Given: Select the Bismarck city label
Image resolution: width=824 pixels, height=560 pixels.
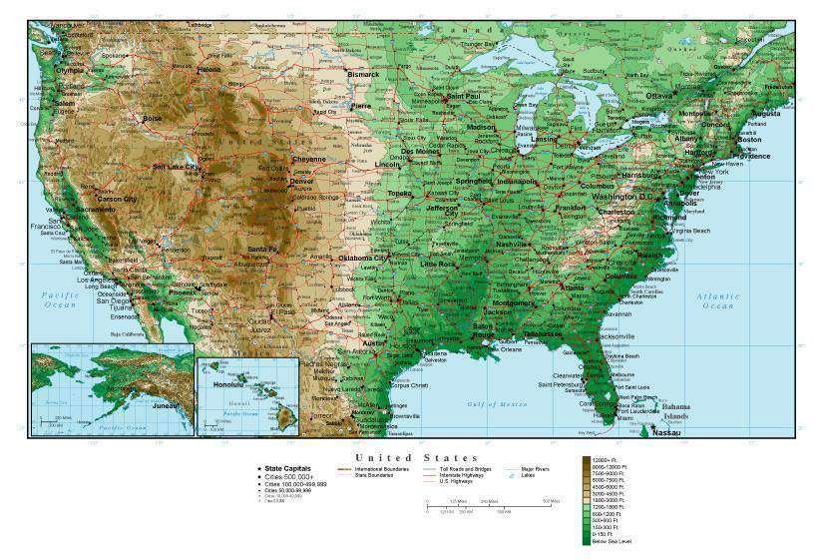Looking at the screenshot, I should pos(362,74).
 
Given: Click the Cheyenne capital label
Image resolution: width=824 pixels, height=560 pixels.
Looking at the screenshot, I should pos(308,159).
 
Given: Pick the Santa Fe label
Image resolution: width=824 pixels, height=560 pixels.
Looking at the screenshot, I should pos(261,249).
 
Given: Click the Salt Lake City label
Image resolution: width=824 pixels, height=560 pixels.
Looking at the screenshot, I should pos(175,167).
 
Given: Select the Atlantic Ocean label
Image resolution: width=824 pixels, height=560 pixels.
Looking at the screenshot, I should pos(718,300).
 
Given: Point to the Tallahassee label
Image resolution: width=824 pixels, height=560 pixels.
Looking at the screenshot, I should pos(543,333).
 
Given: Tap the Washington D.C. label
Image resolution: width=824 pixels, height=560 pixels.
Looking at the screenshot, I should pos(621,197).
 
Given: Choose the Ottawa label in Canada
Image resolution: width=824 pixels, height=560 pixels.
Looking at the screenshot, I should pos(659,96).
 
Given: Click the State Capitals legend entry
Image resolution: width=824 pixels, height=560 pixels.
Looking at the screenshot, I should pos(288,467).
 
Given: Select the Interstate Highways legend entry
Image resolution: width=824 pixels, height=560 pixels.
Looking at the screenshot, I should pos(449,475).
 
